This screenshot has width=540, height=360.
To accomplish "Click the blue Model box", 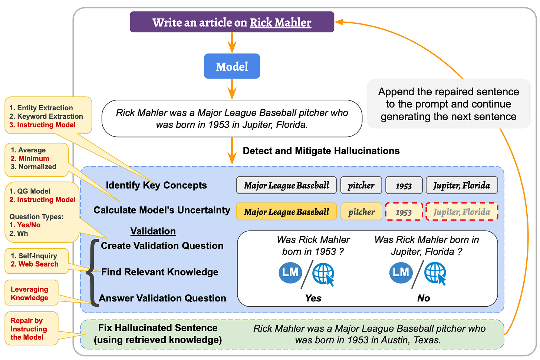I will pos(232,66).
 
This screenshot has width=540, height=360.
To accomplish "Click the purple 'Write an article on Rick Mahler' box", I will pos(232,22).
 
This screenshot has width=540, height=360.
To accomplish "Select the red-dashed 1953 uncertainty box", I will pos(404,212).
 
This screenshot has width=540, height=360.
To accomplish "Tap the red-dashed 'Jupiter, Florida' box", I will pos(461,212).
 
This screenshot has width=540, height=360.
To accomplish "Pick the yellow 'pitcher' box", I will pos(361,212).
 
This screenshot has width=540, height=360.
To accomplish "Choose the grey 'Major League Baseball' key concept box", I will pos(286,185).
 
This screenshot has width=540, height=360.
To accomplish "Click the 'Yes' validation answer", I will pos(313,298).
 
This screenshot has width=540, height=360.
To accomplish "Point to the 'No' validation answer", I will pos(424,298).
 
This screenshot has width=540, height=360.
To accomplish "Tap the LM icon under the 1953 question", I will pos(290,273).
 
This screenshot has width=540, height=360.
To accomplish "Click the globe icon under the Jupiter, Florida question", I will pos(435,273).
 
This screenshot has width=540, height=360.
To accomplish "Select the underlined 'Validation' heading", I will pos(153,231).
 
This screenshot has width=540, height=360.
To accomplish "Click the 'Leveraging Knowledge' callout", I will pos(30,293).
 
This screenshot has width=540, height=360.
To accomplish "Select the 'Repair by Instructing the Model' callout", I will pos(29,329).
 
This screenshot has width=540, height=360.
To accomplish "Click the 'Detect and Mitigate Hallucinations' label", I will pos(321,151).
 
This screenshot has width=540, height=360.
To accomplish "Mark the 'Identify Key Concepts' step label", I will pos(156,185).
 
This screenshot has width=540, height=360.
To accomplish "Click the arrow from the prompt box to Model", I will pos(232,43).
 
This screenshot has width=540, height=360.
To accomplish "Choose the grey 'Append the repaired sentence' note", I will pos(448,104).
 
